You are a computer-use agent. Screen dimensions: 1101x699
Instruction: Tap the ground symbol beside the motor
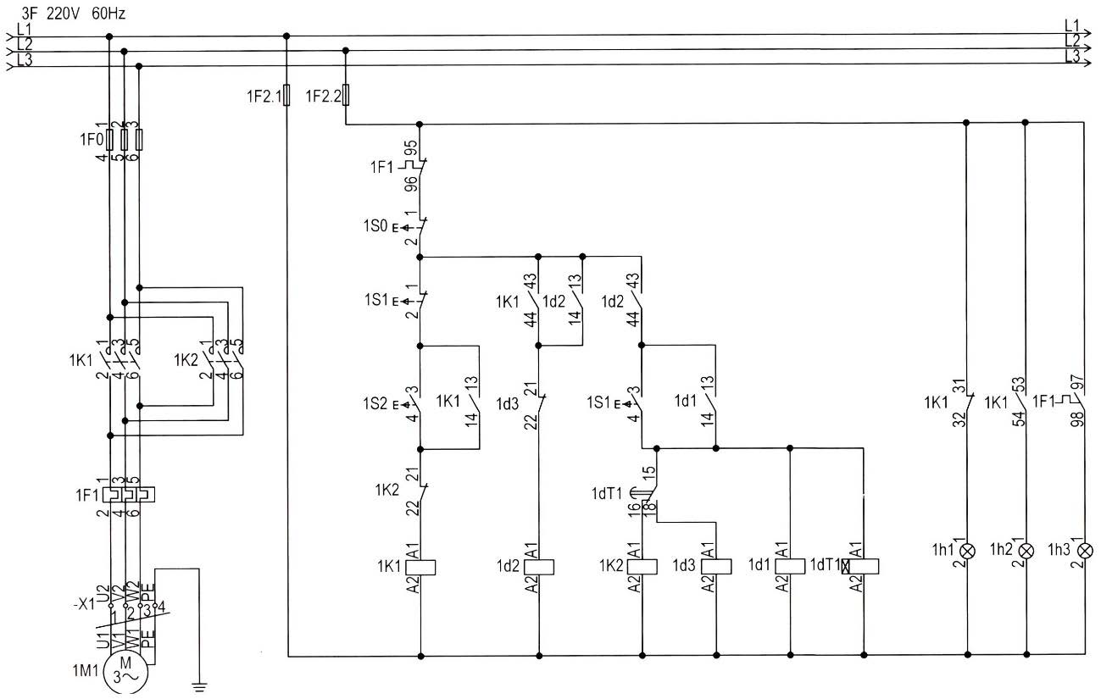click(x=199, y=686)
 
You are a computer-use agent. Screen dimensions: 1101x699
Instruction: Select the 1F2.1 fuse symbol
click(x=286, y=95)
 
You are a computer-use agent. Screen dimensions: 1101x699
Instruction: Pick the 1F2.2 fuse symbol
click(x=346, y=95)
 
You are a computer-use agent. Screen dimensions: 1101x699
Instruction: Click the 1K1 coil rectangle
click(x=420, y=568)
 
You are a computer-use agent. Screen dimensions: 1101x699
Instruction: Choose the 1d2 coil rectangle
click(x=539, y=567)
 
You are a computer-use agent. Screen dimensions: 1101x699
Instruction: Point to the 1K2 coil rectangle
click(x=642, y=566)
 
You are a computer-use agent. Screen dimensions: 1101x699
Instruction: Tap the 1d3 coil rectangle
click(x=716, y=566)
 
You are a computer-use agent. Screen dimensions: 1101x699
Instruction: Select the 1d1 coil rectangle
click(x=790, y=566)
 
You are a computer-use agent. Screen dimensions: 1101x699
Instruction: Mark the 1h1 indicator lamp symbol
click(x=967, y=551)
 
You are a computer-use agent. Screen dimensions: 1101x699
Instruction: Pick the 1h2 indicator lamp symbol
click(x=1026, y=551)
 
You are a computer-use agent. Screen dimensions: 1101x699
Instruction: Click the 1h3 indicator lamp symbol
click(x=1085, y=551)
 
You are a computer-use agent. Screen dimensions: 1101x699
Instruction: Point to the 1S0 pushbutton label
click(x=375, y=226)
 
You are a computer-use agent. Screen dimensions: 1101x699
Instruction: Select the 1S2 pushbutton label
click(x=375, y=404)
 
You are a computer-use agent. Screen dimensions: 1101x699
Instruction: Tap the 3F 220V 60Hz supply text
click(x=73, y=14)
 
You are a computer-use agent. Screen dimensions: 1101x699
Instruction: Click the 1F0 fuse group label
click(x=92, y=140)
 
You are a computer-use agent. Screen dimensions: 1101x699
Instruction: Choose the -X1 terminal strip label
click(x=84, y=604)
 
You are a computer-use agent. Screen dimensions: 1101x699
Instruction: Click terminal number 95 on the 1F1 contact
click(x=411, y=149)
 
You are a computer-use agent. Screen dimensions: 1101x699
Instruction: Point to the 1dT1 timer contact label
click(x=607, y=493)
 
